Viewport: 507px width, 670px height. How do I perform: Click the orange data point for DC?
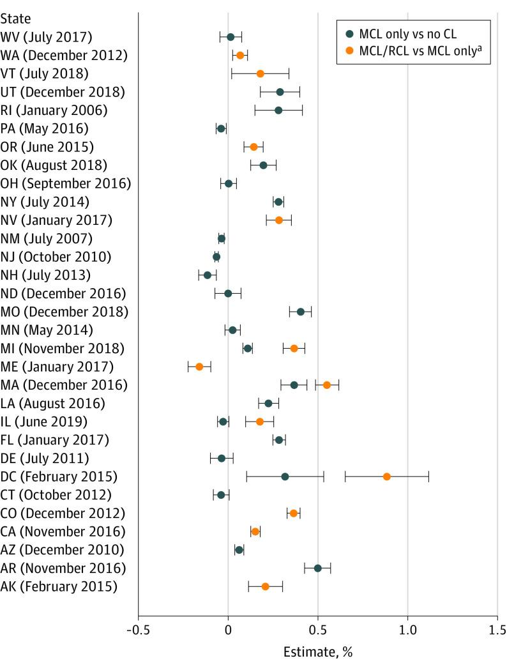click(x=386, y=476)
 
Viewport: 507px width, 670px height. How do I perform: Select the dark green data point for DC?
click(x=285, y=476)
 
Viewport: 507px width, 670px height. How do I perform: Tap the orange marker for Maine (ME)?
click(x=199, y=367)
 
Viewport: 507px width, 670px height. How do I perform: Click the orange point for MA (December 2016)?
click(x=327, y=385)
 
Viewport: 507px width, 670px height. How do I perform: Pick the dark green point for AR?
click(x=317, y=568)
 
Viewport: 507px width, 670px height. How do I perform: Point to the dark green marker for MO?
click(x=301, y=312)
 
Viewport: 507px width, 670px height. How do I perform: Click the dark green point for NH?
click(x=207, y=275)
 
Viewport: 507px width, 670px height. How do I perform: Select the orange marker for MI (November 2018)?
click(x=294, y=348)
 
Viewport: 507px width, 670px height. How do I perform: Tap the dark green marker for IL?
click(x=223, y=422)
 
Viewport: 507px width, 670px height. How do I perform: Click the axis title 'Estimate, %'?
click(x=317, y=653)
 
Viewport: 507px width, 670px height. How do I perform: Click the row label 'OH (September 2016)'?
click(x=66, y=184)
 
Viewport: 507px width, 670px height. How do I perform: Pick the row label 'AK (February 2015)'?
click(x=59, y=586)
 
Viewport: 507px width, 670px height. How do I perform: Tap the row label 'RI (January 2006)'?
click(x=54, y=110)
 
